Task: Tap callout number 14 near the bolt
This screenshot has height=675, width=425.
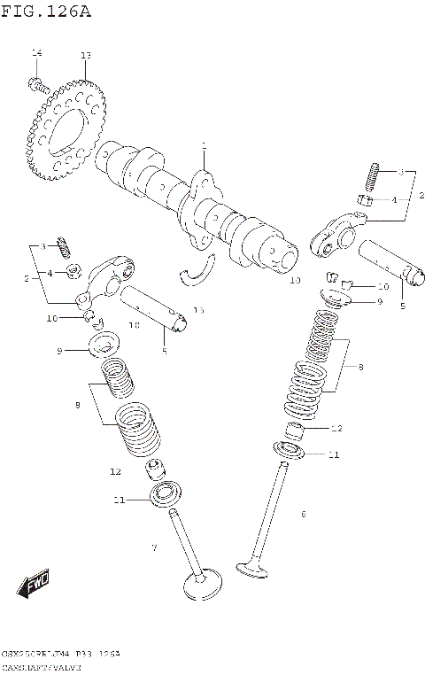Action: click(36, 55)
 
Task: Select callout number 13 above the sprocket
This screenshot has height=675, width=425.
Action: click(85, 56)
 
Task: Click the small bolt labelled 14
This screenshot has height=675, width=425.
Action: click(37, 85)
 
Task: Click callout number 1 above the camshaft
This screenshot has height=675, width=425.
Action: click(203, 146)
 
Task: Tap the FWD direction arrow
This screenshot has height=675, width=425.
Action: click(35, 585)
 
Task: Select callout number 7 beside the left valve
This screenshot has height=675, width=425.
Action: click(153, 548)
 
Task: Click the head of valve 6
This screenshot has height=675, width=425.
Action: click(257, 566)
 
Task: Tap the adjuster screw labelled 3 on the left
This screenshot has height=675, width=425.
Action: click(63, 242)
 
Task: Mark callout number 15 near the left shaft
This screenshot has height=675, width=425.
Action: click(198, 310)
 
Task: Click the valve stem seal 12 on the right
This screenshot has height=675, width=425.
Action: click(297, 433)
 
